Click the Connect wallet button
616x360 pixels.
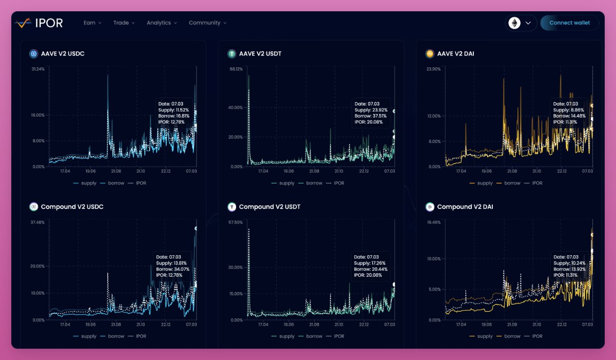(x=569, y=23)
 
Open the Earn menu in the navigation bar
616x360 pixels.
(x=92, y=23)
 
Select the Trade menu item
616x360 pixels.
(x=124, y=23)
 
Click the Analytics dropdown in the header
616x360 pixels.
(x=161, y=23)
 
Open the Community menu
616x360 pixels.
(x=207, y=23)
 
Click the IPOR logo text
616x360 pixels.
(x=49, y=23)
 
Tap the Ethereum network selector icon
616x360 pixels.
(x=514, y=23)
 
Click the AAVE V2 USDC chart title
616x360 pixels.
(x=63, y=53)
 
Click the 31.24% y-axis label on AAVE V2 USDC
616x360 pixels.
(x=38, y=69)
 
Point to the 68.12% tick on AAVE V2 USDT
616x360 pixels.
(x=236, y=69)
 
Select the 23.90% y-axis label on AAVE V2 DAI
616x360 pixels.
(x=434, y=69)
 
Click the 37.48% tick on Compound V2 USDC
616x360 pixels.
(x=38, y=222)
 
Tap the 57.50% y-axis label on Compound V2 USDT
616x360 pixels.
(x=236, y=222)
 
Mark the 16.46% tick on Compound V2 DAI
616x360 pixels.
(x=434, y=222)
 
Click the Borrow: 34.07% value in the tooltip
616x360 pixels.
(x=172, y=269)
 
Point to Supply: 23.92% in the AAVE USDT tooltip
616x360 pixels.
(x=371, y=110)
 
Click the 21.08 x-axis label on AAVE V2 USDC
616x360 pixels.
(x=115, y=171)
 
